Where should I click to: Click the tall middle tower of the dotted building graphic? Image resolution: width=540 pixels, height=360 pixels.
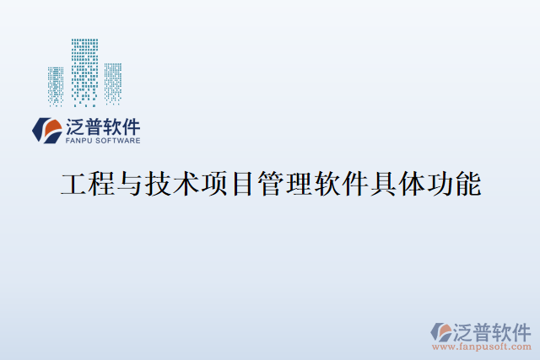pos(84,72)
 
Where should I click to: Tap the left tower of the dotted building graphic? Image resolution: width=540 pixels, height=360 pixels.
pos(57,86)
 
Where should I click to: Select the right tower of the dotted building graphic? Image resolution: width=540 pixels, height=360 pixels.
pos(111,84)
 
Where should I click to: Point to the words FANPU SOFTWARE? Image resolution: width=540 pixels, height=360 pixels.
pos(103,142)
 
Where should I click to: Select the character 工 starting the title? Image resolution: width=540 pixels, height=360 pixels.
pos(74,185)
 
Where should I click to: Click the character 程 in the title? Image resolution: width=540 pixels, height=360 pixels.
pos(102,185)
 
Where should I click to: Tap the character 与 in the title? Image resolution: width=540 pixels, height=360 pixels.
pos(130,185)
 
